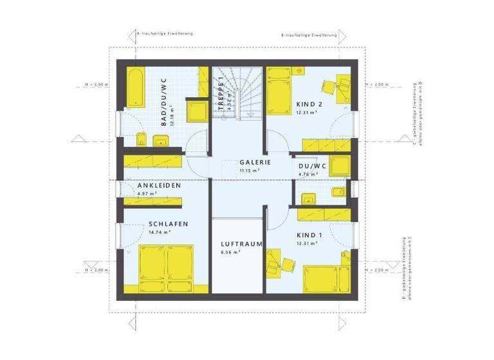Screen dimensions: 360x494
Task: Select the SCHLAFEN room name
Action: (167, 224)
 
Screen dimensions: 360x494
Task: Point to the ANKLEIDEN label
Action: (158, 186)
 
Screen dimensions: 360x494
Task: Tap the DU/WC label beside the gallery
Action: (312, 165)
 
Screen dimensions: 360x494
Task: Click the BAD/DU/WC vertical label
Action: (164, 102)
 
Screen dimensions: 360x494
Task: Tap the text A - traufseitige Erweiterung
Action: (165, 32)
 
